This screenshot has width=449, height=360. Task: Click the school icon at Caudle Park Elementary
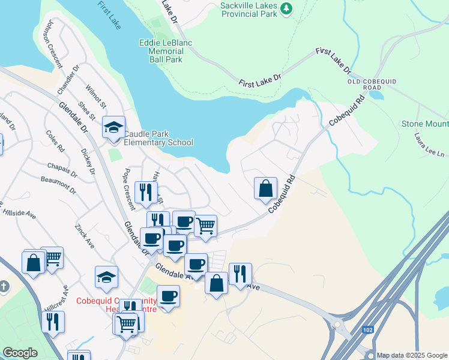pyautogui.click(x=113, y=127)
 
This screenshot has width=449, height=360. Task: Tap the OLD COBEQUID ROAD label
pyautogui.click(x=372, y=84)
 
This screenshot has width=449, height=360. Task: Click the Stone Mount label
pyautogui.click(x=424, y=124)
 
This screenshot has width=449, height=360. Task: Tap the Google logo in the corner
pyautogui.click(x=20, y=353)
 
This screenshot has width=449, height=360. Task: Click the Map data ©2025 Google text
pyautogui.click(x=411, y=355)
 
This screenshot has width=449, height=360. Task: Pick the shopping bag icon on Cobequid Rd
pyautogui.click(x=265, y=188)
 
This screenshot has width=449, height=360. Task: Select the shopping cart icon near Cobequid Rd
pyautogui.click(x=205, y=226)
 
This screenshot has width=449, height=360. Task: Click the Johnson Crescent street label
pyautogui.click(x=53, y=43)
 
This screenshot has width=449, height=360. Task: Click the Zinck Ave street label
pyautogui.click(x=84, y=236)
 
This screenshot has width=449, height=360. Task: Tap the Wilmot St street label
pyautogui.click(x=96, y=96)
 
